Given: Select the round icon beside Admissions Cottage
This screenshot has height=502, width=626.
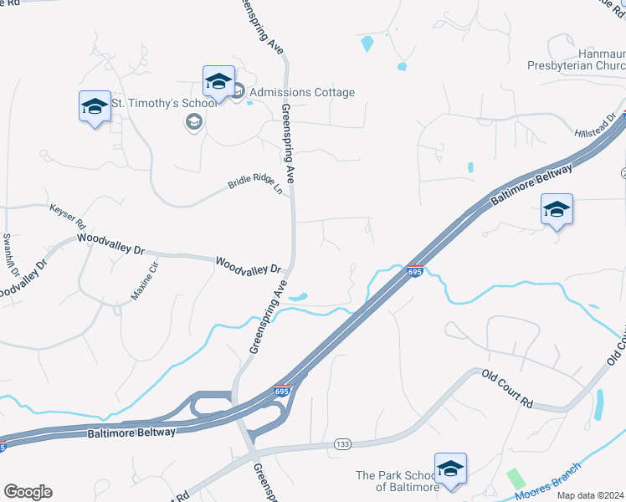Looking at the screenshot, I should (x=238, y=92).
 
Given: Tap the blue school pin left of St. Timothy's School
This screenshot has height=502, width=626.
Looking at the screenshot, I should (x=95, y=107).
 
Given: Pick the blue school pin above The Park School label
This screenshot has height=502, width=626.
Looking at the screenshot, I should (x=450, y=469).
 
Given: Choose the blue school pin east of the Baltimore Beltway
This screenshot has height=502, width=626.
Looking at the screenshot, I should (x=557, y=210).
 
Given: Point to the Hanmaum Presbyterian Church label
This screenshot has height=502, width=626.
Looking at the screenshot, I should (x=577, y=59).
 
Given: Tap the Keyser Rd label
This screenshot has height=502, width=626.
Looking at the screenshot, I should (x=68, y=216).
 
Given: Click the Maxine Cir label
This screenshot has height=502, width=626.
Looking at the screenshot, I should (x=144, y=281).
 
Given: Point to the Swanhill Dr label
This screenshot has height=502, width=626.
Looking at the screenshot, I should (x=10, y=255).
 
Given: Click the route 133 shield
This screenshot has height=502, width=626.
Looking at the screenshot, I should (x=341, y=443).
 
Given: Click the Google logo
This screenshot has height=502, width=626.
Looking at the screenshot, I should (x=28, y=492).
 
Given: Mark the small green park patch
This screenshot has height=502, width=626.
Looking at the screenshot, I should (x=516, y=479).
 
